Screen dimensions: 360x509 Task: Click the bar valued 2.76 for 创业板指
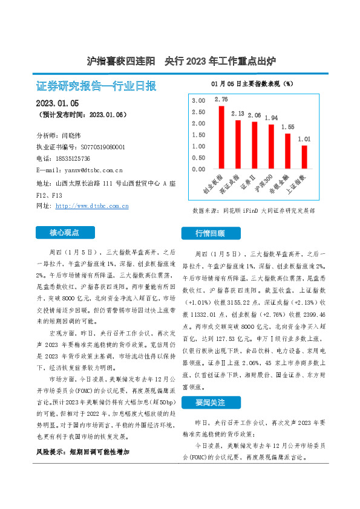pos(221,137)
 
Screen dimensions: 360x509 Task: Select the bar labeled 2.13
pos(238,144)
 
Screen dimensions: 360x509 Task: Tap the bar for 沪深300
pos(271,147)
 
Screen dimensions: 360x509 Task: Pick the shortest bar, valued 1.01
pos(304,157)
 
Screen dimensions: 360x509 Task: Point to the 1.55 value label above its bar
pos(287,127)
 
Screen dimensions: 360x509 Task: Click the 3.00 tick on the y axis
pos(198,100)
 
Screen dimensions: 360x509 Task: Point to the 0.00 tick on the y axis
pos(198,169)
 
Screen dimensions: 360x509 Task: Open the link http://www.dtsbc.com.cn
pos(92,206)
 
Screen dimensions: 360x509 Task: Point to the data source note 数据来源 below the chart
pos(254,211)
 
